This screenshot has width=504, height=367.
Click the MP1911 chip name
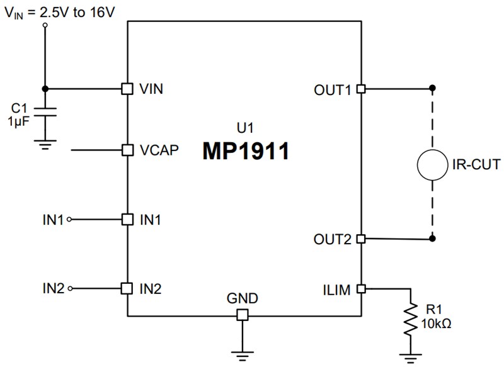(246, 151)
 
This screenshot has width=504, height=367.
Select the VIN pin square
(127, 89)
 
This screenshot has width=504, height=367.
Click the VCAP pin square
(127, 150)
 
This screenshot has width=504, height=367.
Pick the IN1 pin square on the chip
(127, 220)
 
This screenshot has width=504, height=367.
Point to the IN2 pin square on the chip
(127, 288)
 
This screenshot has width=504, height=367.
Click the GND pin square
(243, 315)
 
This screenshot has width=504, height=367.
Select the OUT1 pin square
(361, 89)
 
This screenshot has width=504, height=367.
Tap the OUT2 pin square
(361, 239)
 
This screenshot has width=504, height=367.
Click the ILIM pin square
(361, 288)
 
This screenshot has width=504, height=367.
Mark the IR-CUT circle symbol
(433, 165)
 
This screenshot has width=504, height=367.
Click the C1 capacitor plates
(45, 111)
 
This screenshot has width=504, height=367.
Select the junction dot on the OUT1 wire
(433, 89)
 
